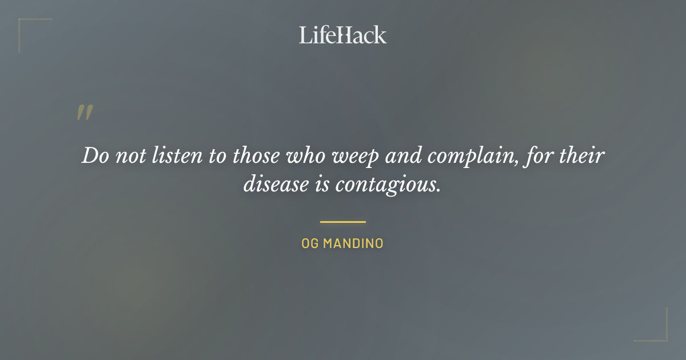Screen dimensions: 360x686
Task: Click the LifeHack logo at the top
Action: pos(342,35)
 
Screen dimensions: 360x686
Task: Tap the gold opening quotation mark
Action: pos(84,113)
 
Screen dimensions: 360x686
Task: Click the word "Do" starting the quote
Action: pos(95,156)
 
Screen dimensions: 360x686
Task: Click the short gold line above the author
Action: pos(342,222)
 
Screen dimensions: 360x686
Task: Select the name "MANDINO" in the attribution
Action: pos(353,243)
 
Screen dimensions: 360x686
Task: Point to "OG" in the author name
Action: pos(309,243)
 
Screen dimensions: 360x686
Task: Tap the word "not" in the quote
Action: pos(130,156)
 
